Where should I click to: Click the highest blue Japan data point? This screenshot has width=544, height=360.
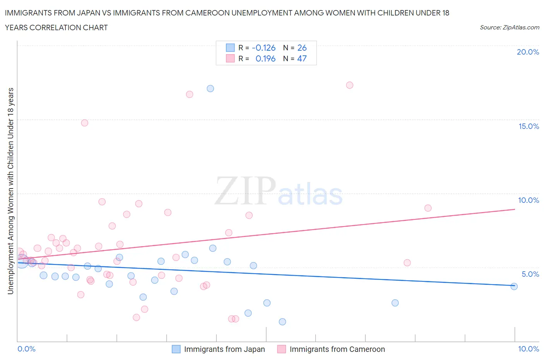[210, 89]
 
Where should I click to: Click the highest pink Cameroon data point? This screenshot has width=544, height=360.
[350, 85]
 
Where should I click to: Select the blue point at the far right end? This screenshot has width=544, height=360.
[514, 286]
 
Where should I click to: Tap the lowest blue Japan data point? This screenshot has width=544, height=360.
[282, 322]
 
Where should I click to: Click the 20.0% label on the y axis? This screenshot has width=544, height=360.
[528, 52]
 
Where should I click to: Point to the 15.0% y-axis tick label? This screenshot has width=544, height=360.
[529, 127]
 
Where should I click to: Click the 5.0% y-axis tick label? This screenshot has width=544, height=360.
[530, 274]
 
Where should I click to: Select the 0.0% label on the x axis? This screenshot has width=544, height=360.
[27, 349]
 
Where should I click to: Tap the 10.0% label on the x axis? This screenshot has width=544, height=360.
[529, 349]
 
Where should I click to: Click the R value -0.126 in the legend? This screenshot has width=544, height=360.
[263, 48]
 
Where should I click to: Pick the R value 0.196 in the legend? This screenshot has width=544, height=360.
[265, 59]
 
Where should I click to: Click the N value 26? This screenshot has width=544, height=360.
[302, 48]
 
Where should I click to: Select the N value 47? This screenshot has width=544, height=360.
[302, 59]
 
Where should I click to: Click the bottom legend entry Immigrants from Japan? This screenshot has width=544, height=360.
[224, 350]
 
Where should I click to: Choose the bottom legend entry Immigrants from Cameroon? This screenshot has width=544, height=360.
[337, 350]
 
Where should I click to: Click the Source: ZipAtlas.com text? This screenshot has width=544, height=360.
[509, 27]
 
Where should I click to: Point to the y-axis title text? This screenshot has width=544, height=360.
[11, 191]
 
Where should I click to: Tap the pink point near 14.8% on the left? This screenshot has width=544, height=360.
[85, 123]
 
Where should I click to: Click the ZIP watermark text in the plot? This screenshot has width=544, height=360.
[245, 190]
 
